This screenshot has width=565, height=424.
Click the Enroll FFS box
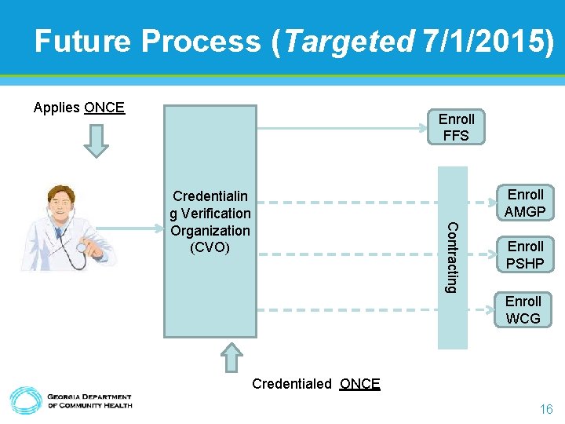(456, 127)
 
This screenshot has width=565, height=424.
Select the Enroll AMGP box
(525, 203)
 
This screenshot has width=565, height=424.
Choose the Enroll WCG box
(523, 309)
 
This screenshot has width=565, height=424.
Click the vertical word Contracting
(451, 258)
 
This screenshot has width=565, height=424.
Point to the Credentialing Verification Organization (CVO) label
(210, 222)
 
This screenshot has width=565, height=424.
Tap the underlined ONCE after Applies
(104, 108)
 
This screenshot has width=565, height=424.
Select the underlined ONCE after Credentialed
(360, 384)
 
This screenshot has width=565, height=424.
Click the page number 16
(545, 409)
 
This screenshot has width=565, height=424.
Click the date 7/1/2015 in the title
(486, 41)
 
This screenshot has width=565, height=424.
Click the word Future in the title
(82, 41)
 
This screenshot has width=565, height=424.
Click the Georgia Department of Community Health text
(89, 401)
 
